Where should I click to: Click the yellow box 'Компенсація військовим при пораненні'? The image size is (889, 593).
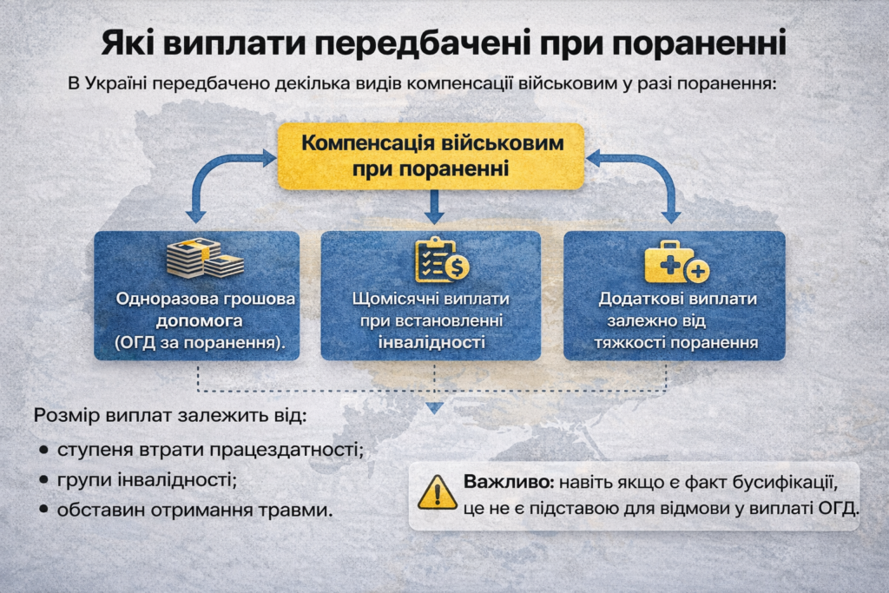[431, 155]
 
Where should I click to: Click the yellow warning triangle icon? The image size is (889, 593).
[437, 492]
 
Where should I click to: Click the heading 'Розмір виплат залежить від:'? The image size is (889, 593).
[170, 415]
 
